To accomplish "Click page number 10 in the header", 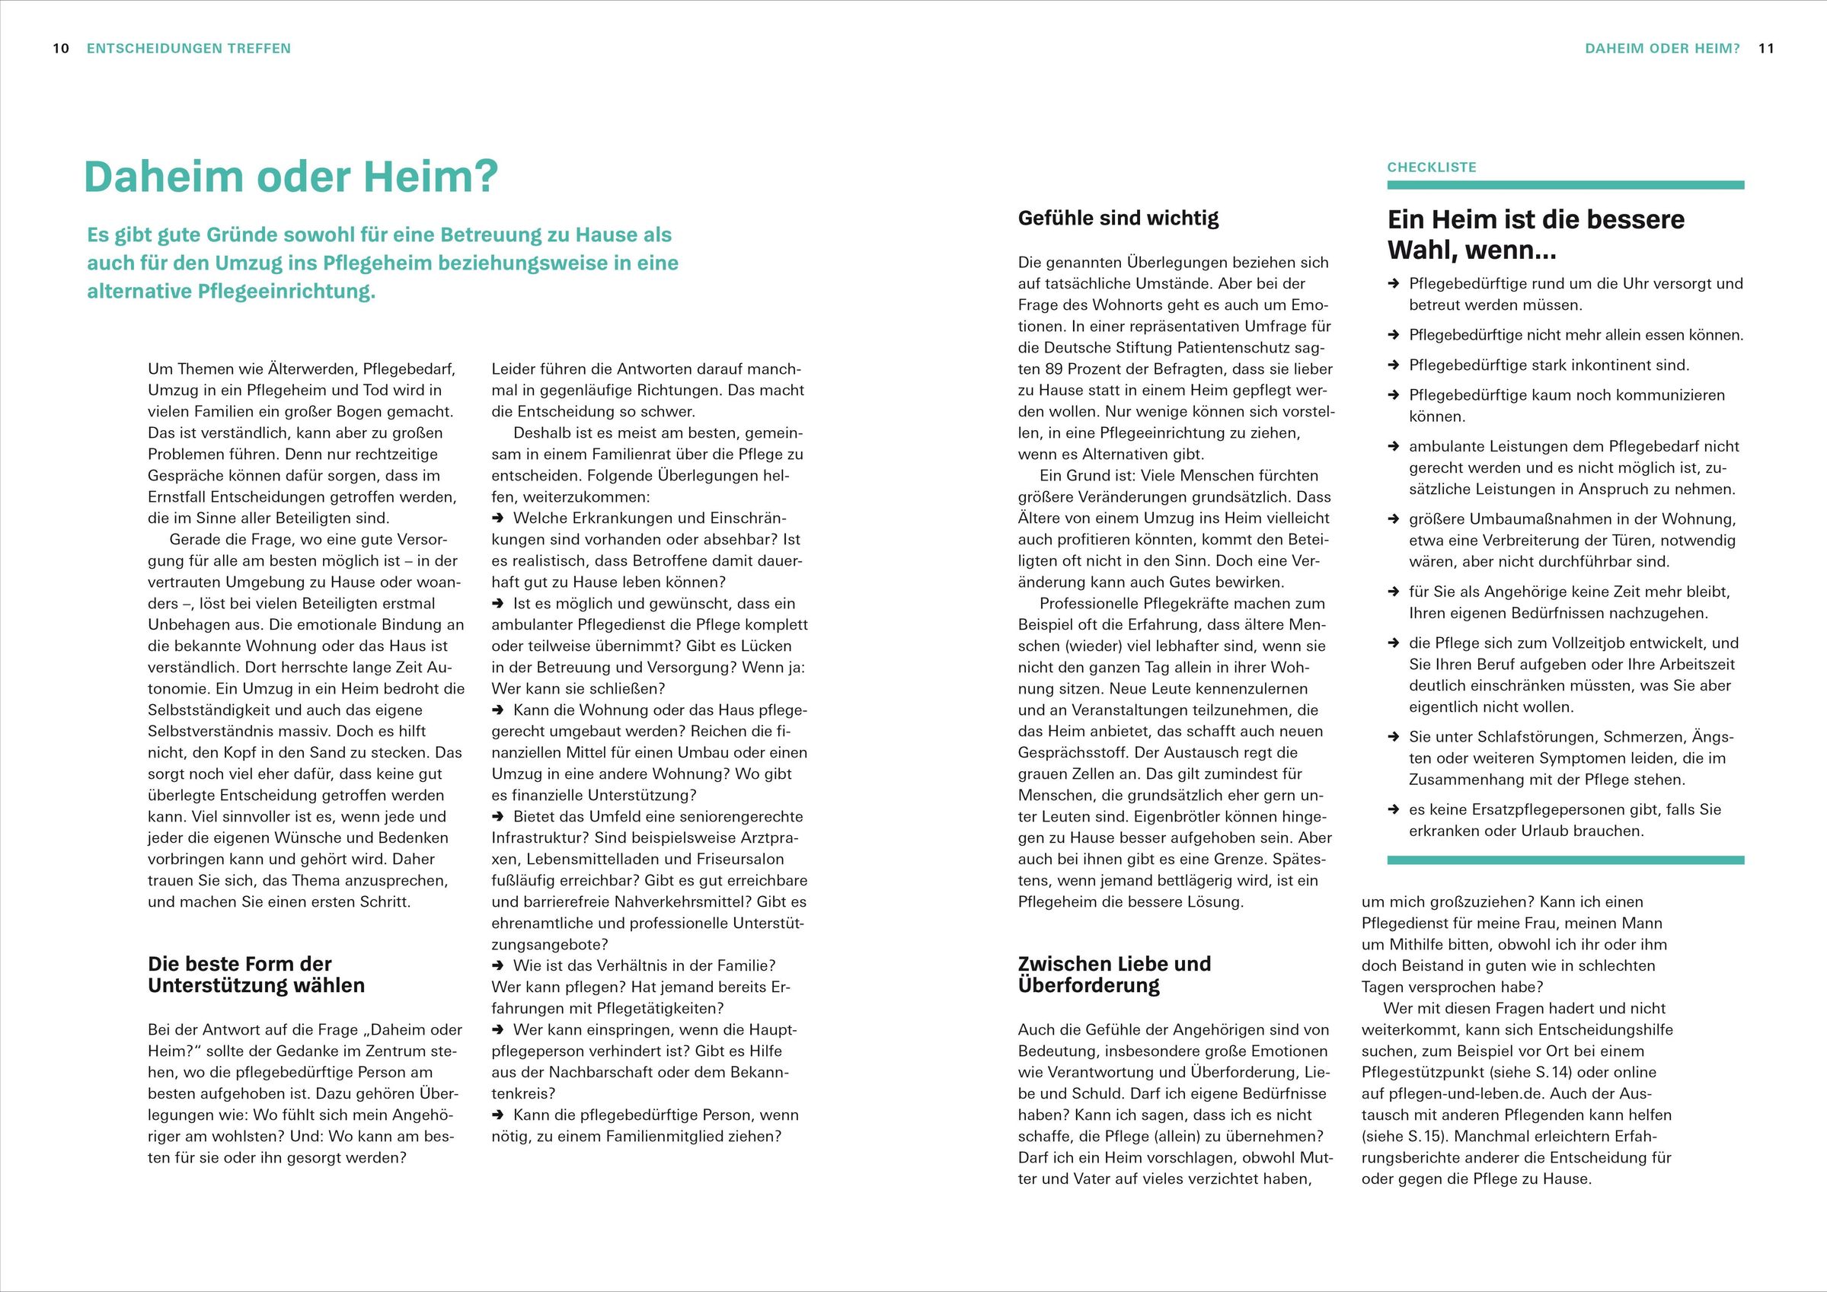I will click(61, 49).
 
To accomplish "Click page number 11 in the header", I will click(1766, 49).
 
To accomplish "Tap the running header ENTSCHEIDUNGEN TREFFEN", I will click(189, 49).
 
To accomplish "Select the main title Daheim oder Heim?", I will click(290, 177).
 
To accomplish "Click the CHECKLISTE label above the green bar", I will click(1432, 167).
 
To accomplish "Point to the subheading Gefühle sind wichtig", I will click(1118, 218).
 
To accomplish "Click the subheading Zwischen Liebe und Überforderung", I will click(1114, 975).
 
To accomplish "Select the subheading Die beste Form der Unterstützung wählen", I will click(256, 975).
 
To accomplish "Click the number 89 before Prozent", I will click(1052, 369).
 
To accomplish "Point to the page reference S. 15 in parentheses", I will click(1424, 1136).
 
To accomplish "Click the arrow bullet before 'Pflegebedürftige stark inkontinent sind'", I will click(1394, 366).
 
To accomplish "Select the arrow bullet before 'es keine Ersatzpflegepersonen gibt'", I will click(1394, 810).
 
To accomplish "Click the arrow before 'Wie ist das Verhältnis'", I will click(498, 966).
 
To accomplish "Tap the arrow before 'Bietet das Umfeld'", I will click(498, 817).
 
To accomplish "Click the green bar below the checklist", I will click(1565, 860).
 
